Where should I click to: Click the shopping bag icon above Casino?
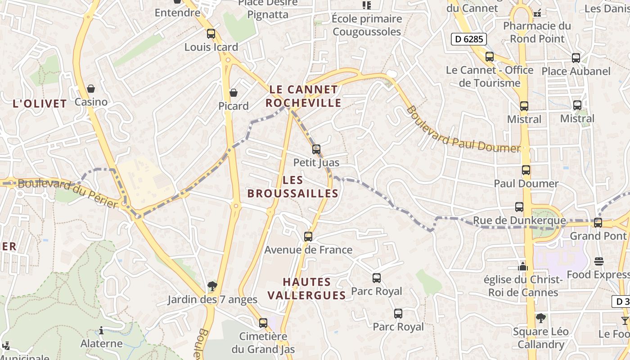pyautogui.click(x=91, y=89)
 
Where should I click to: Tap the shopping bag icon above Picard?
pyautogui.click(x=233, y=93)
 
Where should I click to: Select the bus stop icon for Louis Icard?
pyautogui.click(x=211, y=34)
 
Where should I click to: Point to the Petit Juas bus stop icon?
pyautogui.click(x=316, y=149)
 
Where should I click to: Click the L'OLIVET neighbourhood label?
pyautogui.click(x=40, y=104)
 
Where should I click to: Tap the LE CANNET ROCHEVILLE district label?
pyautogui.click(x=303, y=96)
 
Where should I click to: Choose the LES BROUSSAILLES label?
pyautogui.click(x=293, y=187)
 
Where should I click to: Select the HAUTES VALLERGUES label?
pyautogui.click(x=314, y=288)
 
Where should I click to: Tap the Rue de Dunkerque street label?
pyautogui.click(x=519, y=220)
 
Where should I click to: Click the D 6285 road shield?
pyautogui.click(x=468, y=39)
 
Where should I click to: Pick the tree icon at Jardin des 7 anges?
pyautogui.click(x=212, y=286)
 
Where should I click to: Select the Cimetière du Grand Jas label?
pyautogui.click(x=263, y=342)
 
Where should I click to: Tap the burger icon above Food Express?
pyautogui.click(x=598, y=261)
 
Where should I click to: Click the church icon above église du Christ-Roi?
pyautogui.click(x=522, y=266)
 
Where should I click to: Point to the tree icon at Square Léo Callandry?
pyautogui.click(x=541, y=318)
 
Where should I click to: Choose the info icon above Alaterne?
pyautogui.click(x=101, y=331)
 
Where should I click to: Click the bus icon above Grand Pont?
pyautogui.click(x=598, y=223)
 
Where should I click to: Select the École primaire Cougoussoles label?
pyautogui.click(x=367, y=25)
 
